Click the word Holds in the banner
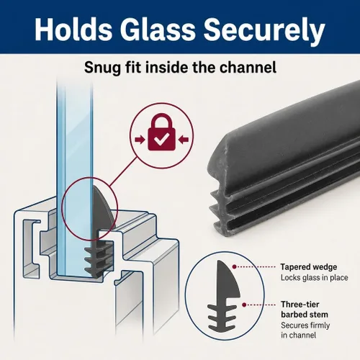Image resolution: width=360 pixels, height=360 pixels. (73, 30)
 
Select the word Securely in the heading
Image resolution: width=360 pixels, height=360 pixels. (264, 32)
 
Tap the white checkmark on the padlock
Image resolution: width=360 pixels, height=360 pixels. (161, 140)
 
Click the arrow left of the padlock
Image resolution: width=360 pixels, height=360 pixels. (140, 140)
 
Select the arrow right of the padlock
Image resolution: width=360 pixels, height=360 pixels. (184, 140)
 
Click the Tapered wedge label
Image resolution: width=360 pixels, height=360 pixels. (309, 266)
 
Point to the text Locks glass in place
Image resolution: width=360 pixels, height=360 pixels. (315, 278)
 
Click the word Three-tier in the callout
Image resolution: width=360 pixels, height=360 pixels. (300, 305)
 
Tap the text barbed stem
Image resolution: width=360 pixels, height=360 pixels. (305, 315)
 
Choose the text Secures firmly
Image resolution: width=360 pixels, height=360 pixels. (305, 325)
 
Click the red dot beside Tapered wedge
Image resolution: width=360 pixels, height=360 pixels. (235, 266)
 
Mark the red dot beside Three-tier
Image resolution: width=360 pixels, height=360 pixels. (244, 305)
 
